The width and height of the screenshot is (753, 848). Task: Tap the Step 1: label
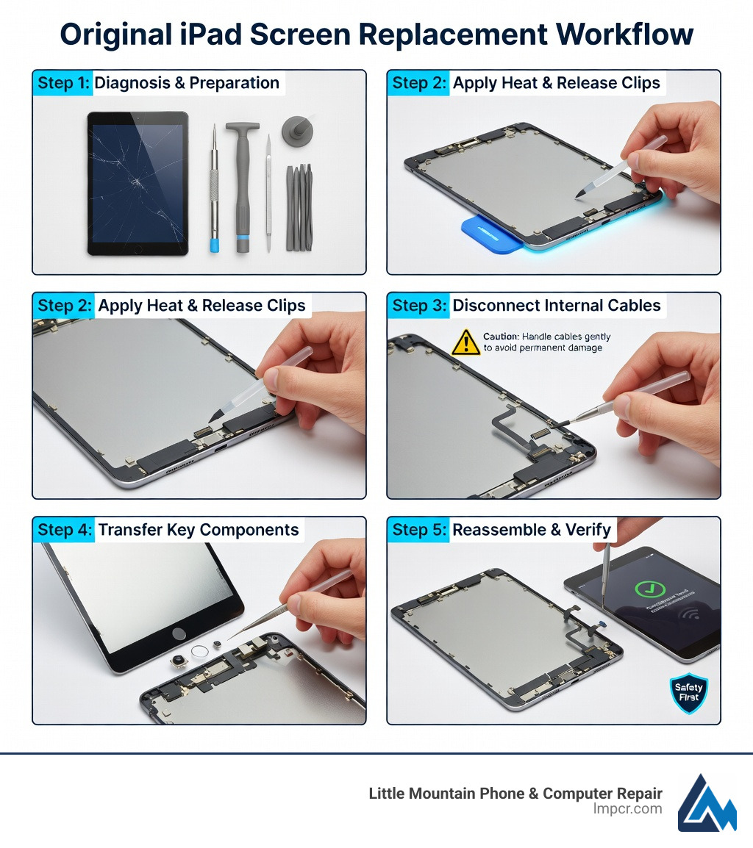[63, 83]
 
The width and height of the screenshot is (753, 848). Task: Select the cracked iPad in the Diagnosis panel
[138, 183]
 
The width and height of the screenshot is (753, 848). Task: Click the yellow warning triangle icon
[465, 342]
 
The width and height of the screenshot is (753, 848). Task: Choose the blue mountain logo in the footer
[707, 803]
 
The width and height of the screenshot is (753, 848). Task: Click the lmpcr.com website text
[627, 809]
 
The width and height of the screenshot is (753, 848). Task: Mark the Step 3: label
[418, 306]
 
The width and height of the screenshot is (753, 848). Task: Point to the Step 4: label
[64, 530]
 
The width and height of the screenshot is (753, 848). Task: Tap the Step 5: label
[418, 530]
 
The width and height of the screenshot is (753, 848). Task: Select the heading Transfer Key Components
[199, 530]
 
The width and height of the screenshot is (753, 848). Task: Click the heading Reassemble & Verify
[532, 530]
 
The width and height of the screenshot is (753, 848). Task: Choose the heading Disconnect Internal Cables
[557, 306]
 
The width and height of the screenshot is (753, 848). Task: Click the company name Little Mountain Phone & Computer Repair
[515, 794]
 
